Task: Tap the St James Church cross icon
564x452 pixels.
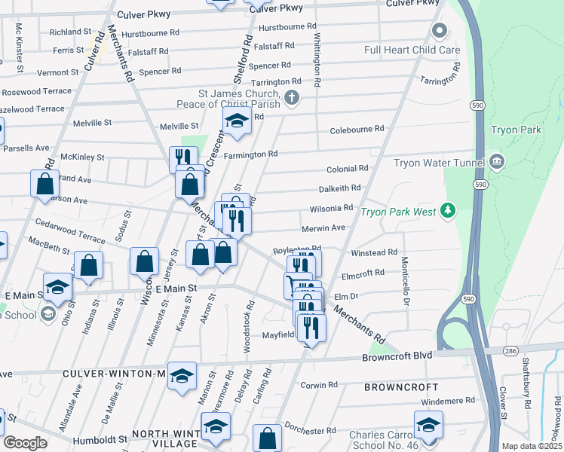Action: point(292,97)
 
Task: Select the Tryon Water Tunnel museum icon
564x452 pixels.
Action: point(496,161)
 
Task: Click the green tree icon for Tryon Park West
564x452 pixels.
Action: point(448,210)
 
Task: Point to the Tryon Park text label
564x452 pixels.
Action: point(516,130)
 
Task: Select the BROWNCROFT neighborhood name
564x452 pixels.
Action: point(400,387)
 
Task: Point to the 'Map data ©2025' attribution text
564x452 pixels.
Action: point(531,446)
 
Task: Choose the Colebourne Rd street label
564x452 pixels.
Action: point(357,130)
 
